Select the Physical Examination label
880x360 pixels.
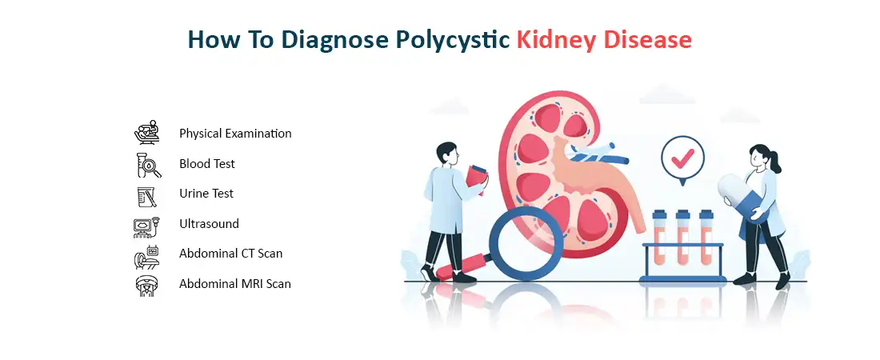[235, 134]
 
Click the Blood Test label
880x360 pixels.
[207, 164]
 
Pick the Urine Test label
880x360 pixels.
[206, 193]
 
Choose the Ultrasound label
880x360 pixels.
[209, 223]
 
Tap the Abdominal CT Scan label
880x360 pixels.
[230, 254]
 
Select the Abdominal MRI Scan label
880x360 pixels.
[235, 284]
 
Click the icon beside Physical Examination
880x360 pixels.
[147, 133]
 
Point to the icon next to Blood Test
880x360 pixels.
[148, 165]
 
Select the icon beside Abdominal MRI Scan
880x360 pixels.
[147, 286]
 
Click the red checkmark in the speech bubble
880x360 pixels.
[682, 158]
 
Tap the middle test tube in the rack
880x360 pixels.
[682, 237]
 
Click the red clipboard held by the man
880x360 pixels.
[476, 179]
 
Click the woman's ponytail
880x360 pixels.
[777, 163]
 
